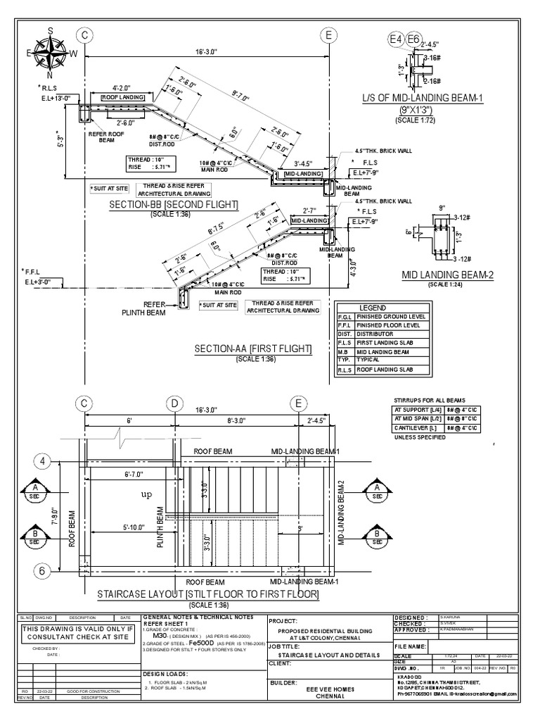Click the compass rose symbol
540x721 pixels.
click(x=51, y=51)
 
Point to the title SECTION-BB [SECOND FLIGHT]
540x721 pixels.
click(x=174, y=205)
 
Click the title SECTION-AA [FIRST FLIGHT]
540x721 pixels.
click(x=253, y=349)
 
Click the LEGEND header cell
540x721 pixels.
click(x=373, y=308)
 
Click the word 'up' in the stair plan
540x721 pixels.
click(x=147, y=495)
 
